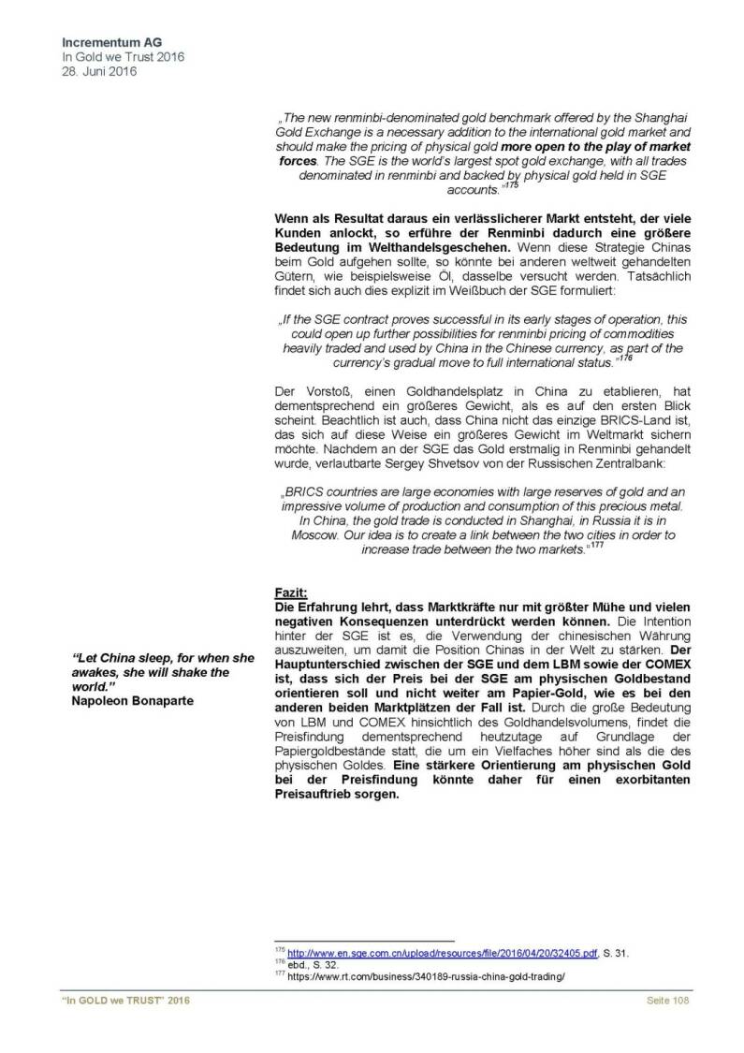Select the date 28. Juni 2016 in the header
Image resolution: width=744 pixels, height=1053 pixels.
97,70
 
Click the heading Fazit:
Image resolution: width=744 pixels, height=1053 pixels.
289,593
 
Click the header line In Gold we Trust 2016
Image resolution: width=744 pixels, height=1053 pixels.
122,56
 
